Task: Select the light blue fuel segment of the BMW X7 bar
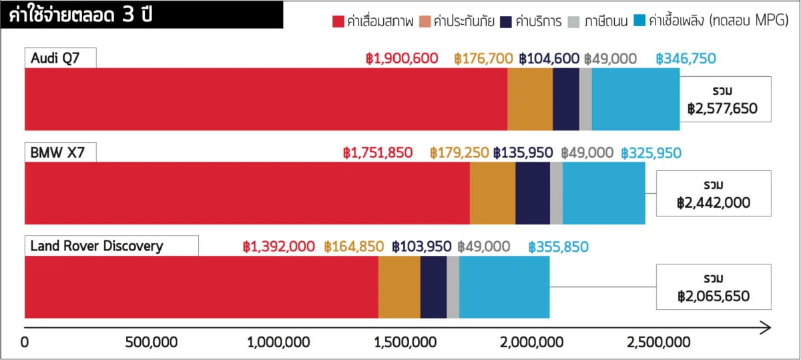tap(603, 193)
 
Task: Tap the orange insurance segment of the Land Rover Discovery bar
tap(399, 287)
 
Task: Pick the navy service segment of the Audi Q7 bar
tap(565, 99)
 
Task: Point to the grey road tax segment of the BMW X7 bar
tap(556, 193)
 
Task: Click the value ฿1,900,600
tap(402, 59)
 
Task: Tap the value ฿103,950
tap(422, 247)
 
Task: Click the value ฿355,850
tap(558, 247)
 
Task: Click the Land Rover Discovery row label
tap(97, 246)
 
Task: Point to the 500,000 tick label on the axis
tap(151, 343)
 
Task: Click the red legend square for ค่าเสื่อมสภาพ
tap(338, 21)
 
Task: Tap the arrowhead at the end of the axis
tap(766, 328)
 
